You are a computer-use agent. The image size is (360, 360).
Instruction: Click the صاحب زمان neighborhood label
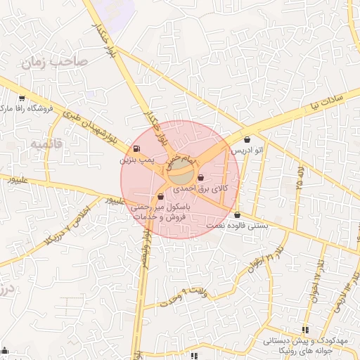[x=54, y=62]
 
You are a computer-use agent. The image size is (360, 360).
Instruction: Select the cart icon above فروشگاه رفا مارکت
[x=22, y=98]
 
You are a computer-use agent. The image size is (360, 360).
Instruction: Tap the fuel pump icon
[x=135, y=149]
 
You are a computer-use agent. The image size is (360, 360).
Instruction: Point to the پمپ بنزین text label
[x=134, y=160]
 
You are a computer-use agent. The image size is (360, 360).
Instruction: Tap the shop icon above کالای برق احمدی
[x=202, y=178]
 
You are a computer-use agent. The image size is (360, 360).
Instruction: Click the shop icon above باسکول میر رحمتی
[x=161, y=197]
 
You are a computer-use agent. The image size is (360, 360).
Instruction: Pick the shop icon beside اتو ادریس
[x=247, y=139]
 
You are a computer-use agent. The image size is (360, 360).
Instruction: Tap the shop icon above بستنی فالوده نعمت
[x=237, y=215]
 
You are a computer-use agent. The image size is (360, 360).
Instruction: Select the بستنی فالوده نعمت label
[x=238, y=226]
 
